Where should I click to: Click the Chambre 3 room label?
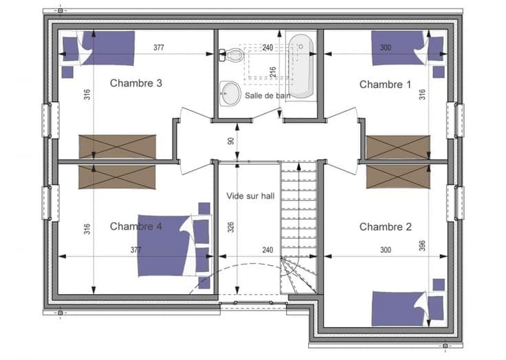click(136, 83)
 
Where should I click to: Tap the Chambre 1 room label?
click(385, 85)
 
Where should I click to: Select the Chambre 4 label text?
click(136, 227)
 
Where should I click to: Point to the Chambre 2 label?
click(386, 227)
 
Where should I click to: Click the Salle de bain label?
click(267, 95)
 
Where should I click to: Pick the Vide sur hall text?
click(250, 196)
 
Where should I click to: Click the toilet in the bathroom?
click(231, 55)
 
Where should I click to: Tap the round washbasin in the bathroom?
click(230, 93)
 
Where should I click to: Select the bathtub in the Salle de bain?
click(300, 66)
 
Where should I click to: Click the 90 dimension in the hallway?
click(231, 141)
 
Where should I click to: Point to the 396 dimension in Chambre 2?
click(422, 246)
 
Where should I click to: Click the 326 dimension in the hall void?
click(231, 227)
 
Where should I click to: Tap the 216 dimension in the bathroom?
click(273, 71)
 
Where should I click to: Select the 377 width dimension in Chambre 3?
click(159, 47)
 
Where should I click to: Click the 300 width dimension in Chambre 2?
click(386, 250)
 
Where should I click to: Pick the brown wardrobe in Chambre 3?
click(118, 147)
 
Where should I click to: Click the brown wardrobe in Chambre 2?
click(398, 177)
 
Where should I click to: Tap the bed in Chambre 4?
click(174, 246)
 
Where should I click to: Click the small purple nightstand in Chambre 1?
click(439, 72)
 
